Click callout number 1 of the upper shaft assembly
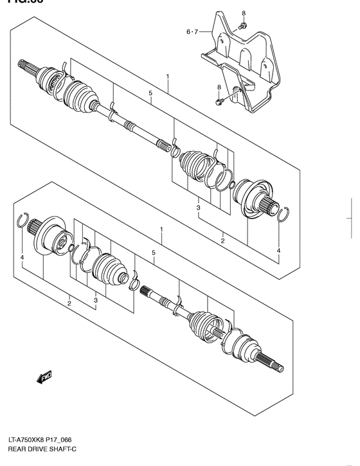pyautogui.click(x=167, y=76)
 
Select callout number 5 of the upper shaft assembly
pyautogui.click(x=150, y=94)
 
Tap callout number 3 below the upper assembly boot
pyautogui.click(x=199, y=208)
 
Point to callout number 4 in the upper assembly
pyautogui.click(x=278, y=250)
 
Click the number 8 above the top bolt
pyautogui.click(x=244, y=13)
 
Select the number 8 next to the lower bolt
pyautogui.click(x=219, y=87)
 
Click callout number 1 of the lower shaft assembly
pyautogui.click(x=161, y=229)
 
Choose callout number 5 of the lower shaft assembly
pyautogui.click(x=154, y=253)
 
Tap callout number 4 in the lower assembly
pyautogui.click(x=21, y=258)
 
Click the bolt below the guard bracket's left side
pyautogui.click(x=220, y=100)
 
